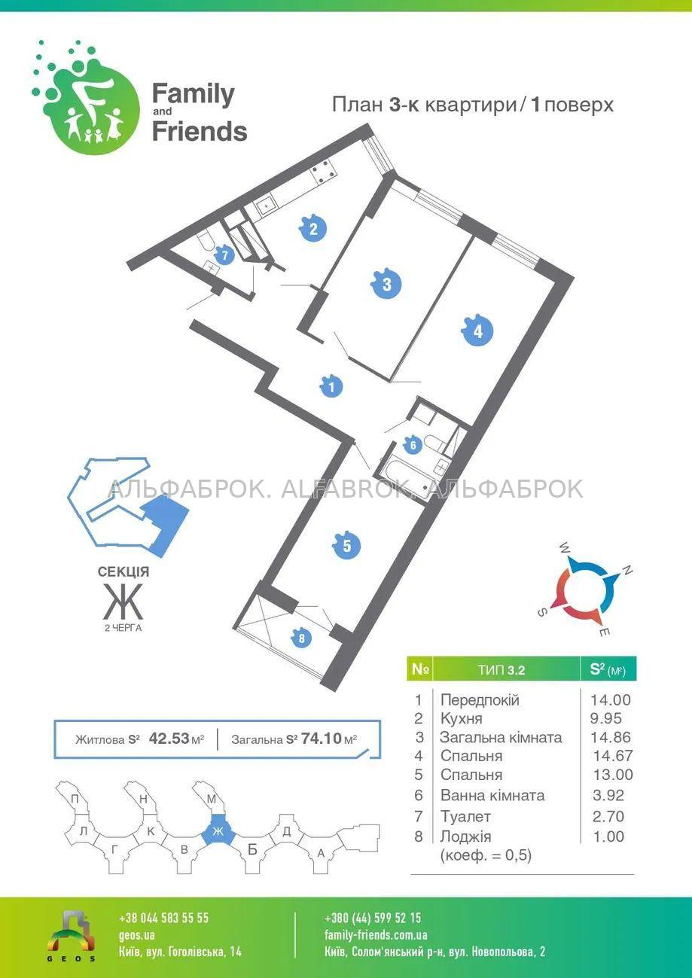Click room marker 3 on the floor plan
[x=386, y=285]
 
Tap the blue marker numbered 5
[x=347, y=546]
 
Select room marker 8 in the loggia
[x=301, y=638]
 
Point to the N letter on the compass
[x=627, y=570]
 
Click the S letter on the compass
[x=542, y=612]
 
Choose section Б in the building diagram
[x=252, y=849]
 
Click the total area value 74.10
[x=322, y=739]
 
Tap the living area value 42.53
[x=169, y=739]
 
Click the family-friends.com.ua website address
[x=376, y=935]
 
